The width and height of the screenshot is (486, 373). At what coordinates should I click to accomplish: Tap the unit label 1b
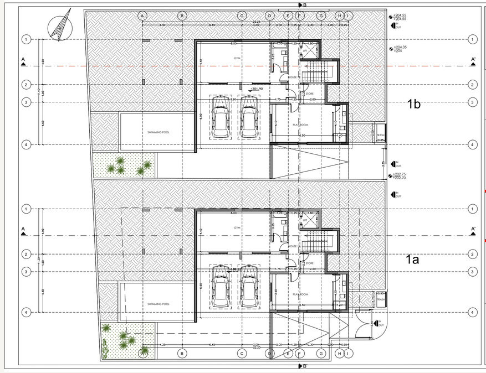point(415,103)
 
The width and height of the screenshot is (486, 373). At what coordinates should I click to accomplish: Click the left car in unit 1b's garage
point(221,117)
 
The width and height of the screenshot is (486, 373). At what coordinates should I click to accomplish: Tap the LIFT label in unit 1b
point(305,51)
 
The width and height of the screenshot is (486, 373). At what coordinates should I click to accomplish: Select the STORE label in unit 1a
point(309,263)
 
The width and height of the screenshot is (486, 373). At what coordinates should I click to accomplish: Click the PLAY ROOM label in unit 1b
point(300,125)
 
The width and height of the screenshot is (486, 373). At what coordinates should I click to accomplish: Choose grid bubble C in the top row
point(242,16)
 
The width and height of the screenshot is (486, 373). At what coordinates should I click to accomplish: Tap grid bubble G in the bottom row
point(319,353)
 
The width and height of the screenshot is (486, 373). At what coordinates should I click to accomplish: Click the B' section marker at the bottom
point(302,366)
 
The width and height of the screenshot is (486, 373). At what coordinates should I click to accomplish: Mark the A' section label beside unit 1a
point(473,229)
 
